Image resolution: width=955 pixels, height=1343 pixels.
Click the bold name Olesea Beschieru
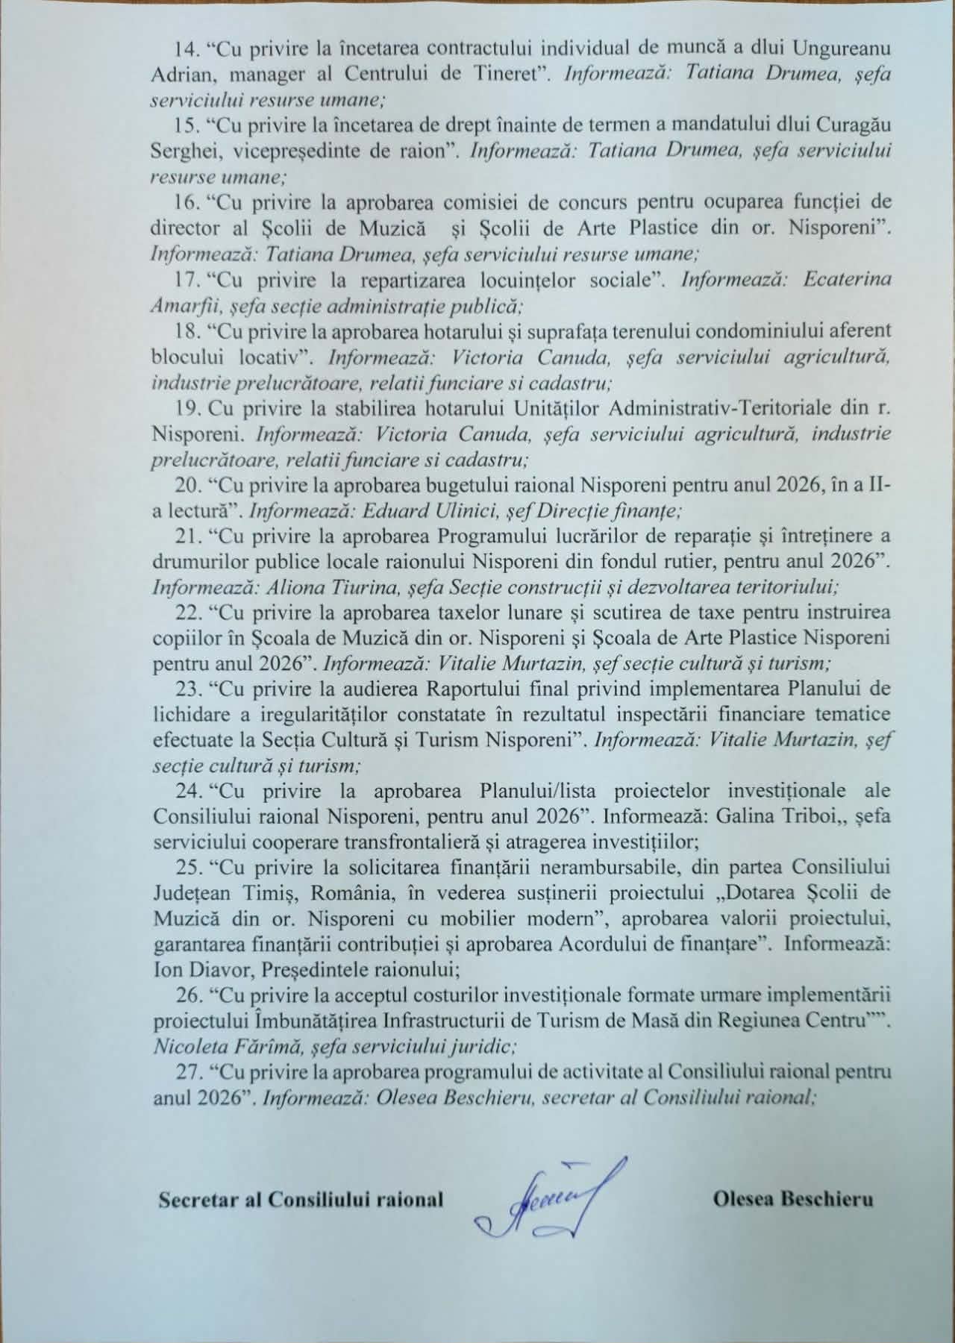coord(792,1200)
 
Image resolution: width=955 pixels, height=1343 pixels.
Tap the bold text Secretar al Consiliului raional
coord(301,1200)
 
